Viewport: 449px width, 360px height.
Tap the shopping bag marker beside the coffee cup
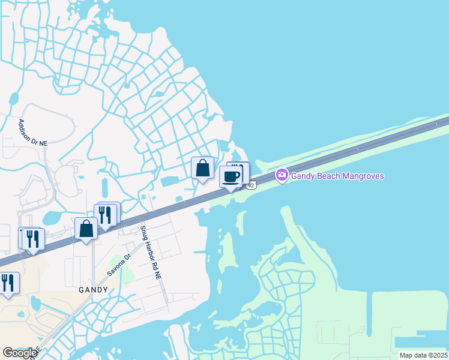203,168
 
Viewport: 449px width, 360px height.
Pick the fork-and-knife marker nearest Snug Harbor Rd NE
105,215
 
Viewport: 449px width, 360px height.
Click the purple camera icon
282,175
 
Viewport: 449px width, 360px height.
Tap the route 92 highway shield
251,185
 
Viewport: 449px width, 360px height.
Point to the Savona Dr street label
119,265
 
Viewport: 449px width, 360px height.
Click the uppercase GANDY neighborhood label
93,290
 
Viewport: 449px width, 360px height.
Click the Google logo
20,353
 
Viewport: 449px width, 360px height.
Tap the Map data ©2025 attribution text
423,355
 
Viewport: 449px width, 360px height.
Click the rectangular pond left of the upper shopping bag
170,181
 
